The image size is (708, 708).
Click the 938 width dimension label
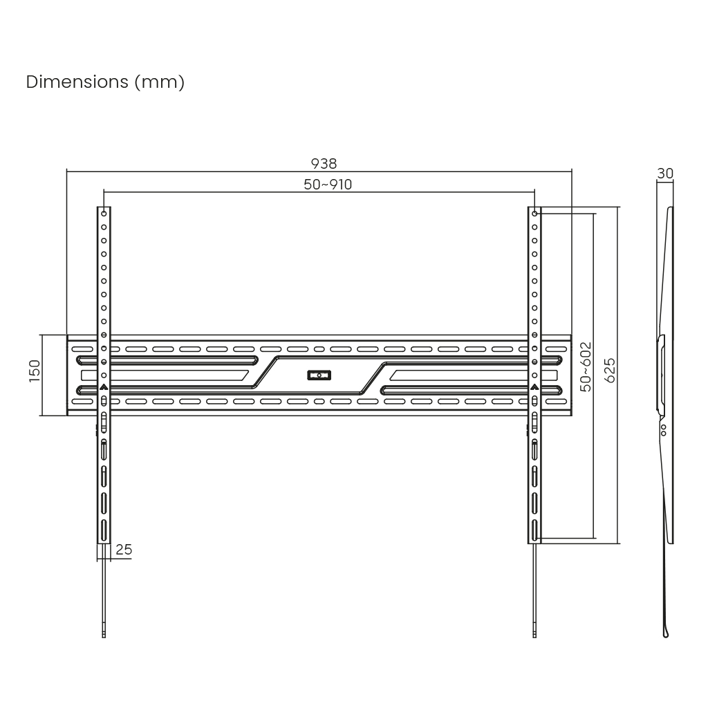pyautogui.click(x=324, y=163)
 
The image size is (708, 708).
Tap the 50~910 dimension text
pyautogui.click(x=328, y=185)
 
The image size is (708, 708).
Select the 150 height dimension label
pyautogui.click(x=35, y=371)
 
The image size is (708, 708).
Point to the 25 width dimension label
pyautogui.click(x=124, y=550)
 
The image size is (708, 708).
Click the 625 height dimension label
pyautogui.click(x=610, y=371)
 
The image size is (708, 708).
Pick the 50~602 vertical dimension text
pyautogui.click(x=586, y=366)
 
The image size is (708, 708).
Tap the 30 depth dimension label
pyautogui.click(x=665, y=174)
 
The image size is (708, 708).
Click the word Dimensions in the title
pyautogui.click(x=77, y=82)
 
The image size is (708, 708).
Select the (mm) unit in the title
pyautogui.click(x=160, y=83)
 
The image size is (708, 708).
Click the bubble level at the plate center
pyautogui.click(x=319, y=375)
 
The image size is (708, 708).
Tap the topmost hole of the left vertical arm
pyautogui.click(x=104, y=214)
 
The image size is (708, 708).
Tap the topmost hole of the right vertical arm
pyautogui.click(x=534, y=214)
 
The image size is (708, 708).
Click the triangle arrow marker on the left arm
pyautogui.click(x=104, y=386)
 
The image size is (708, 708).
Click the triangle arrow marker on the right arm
pyautogui.click(x=534, y=386)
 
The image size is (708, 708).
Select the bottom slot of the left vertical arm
pyautogui.click(x=104, y=530)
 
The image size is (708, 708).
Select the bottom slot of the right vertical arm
pyautogui.click(x=534, y=530)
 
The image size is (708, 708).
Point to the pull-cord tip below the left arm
pyautogui.click(x=104, y=635)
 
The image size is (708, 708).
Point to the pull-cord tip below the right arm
pyautogui.click(x=534, y=635)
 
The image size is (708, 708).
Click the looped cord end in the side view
pyautogui.click(x=666, y=633)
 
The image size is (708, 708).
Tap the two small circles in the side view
pyautogui.click(x=663, y=430)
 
